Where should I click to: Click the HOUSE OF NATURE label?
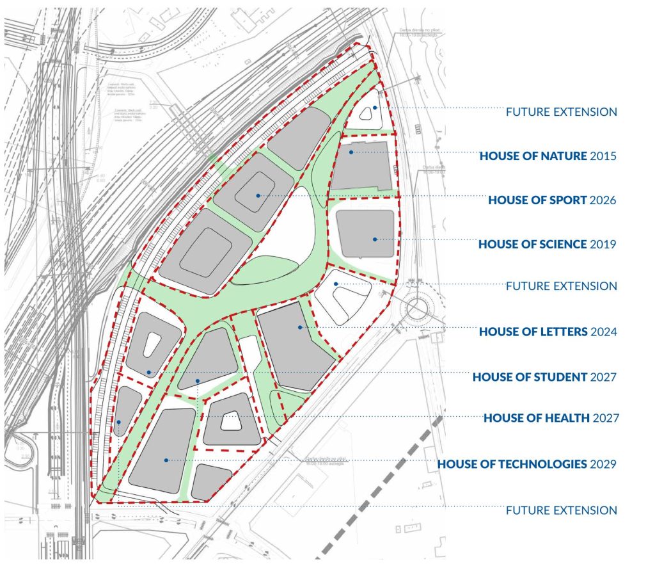point(533,156)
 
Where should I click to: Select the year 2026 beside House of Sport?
point(603,200)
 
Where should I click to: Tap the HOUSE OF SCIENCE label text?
point(532,244)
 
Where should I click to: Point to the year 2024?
point(603,332)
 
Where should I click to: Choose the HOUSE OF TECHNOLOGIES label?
point(512,464)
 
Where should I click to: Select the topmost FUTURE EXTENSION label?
point(561,112)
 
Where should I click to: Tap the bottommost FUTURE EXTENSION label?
point(561,510)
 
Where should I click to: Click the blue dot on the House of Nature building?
point(351,152)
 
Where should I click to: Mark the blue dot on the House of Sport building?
point(258,195)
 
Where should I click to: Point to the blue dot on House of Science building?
point(375,239)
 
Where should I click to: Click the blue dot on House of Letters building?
point(299,327)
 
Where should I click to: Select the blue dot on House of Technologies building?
point(166,460)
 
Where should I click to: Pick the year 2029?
point(603,464)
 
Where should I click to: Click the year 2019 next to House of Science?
point(603,244)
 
